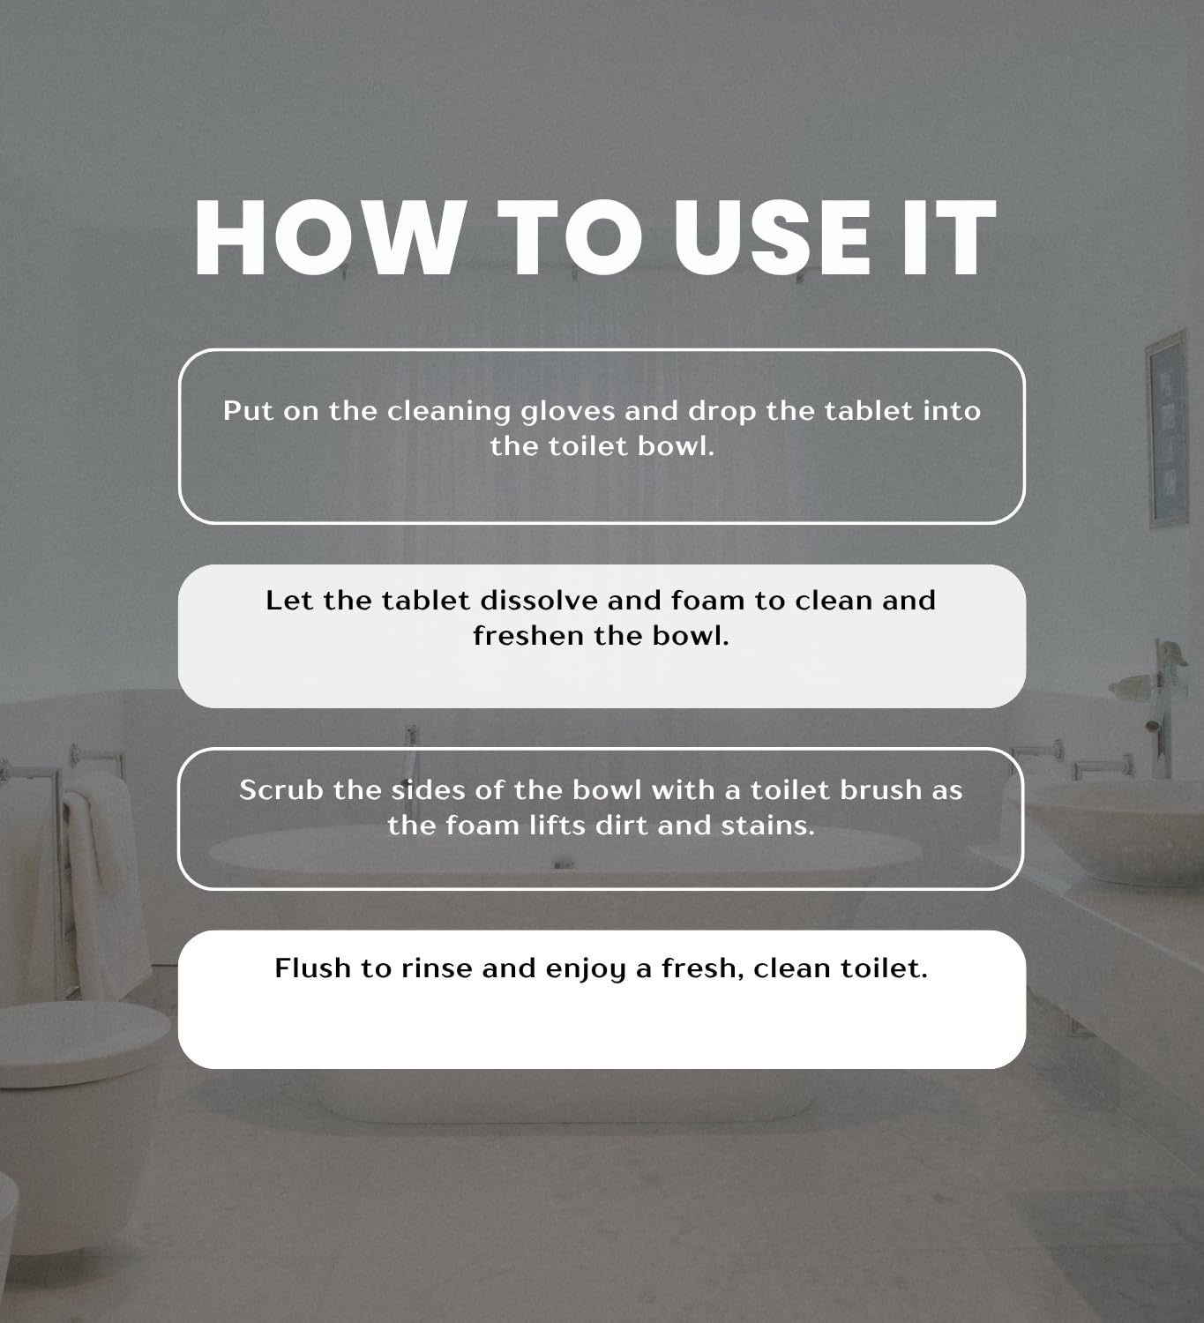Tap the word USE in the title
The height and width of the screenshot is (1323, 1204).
coord(772,237)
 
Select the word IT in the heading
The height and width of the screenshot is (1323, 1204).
coord(949,237)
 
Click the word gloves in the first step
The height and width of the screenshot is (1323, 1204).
coord(568,412)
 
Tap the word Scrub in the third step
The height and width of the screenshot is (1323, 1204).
coord(281,790)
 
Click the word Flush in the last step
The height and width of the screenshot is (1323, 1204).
coord(313,968)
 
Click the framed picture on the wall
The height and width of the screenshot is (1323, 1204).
coord(1166,430)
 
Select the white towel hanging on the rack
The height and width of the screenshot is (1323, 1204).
coord(99,884)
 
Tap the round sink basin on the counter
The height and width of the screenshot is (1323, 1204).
coord(1115,830)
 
